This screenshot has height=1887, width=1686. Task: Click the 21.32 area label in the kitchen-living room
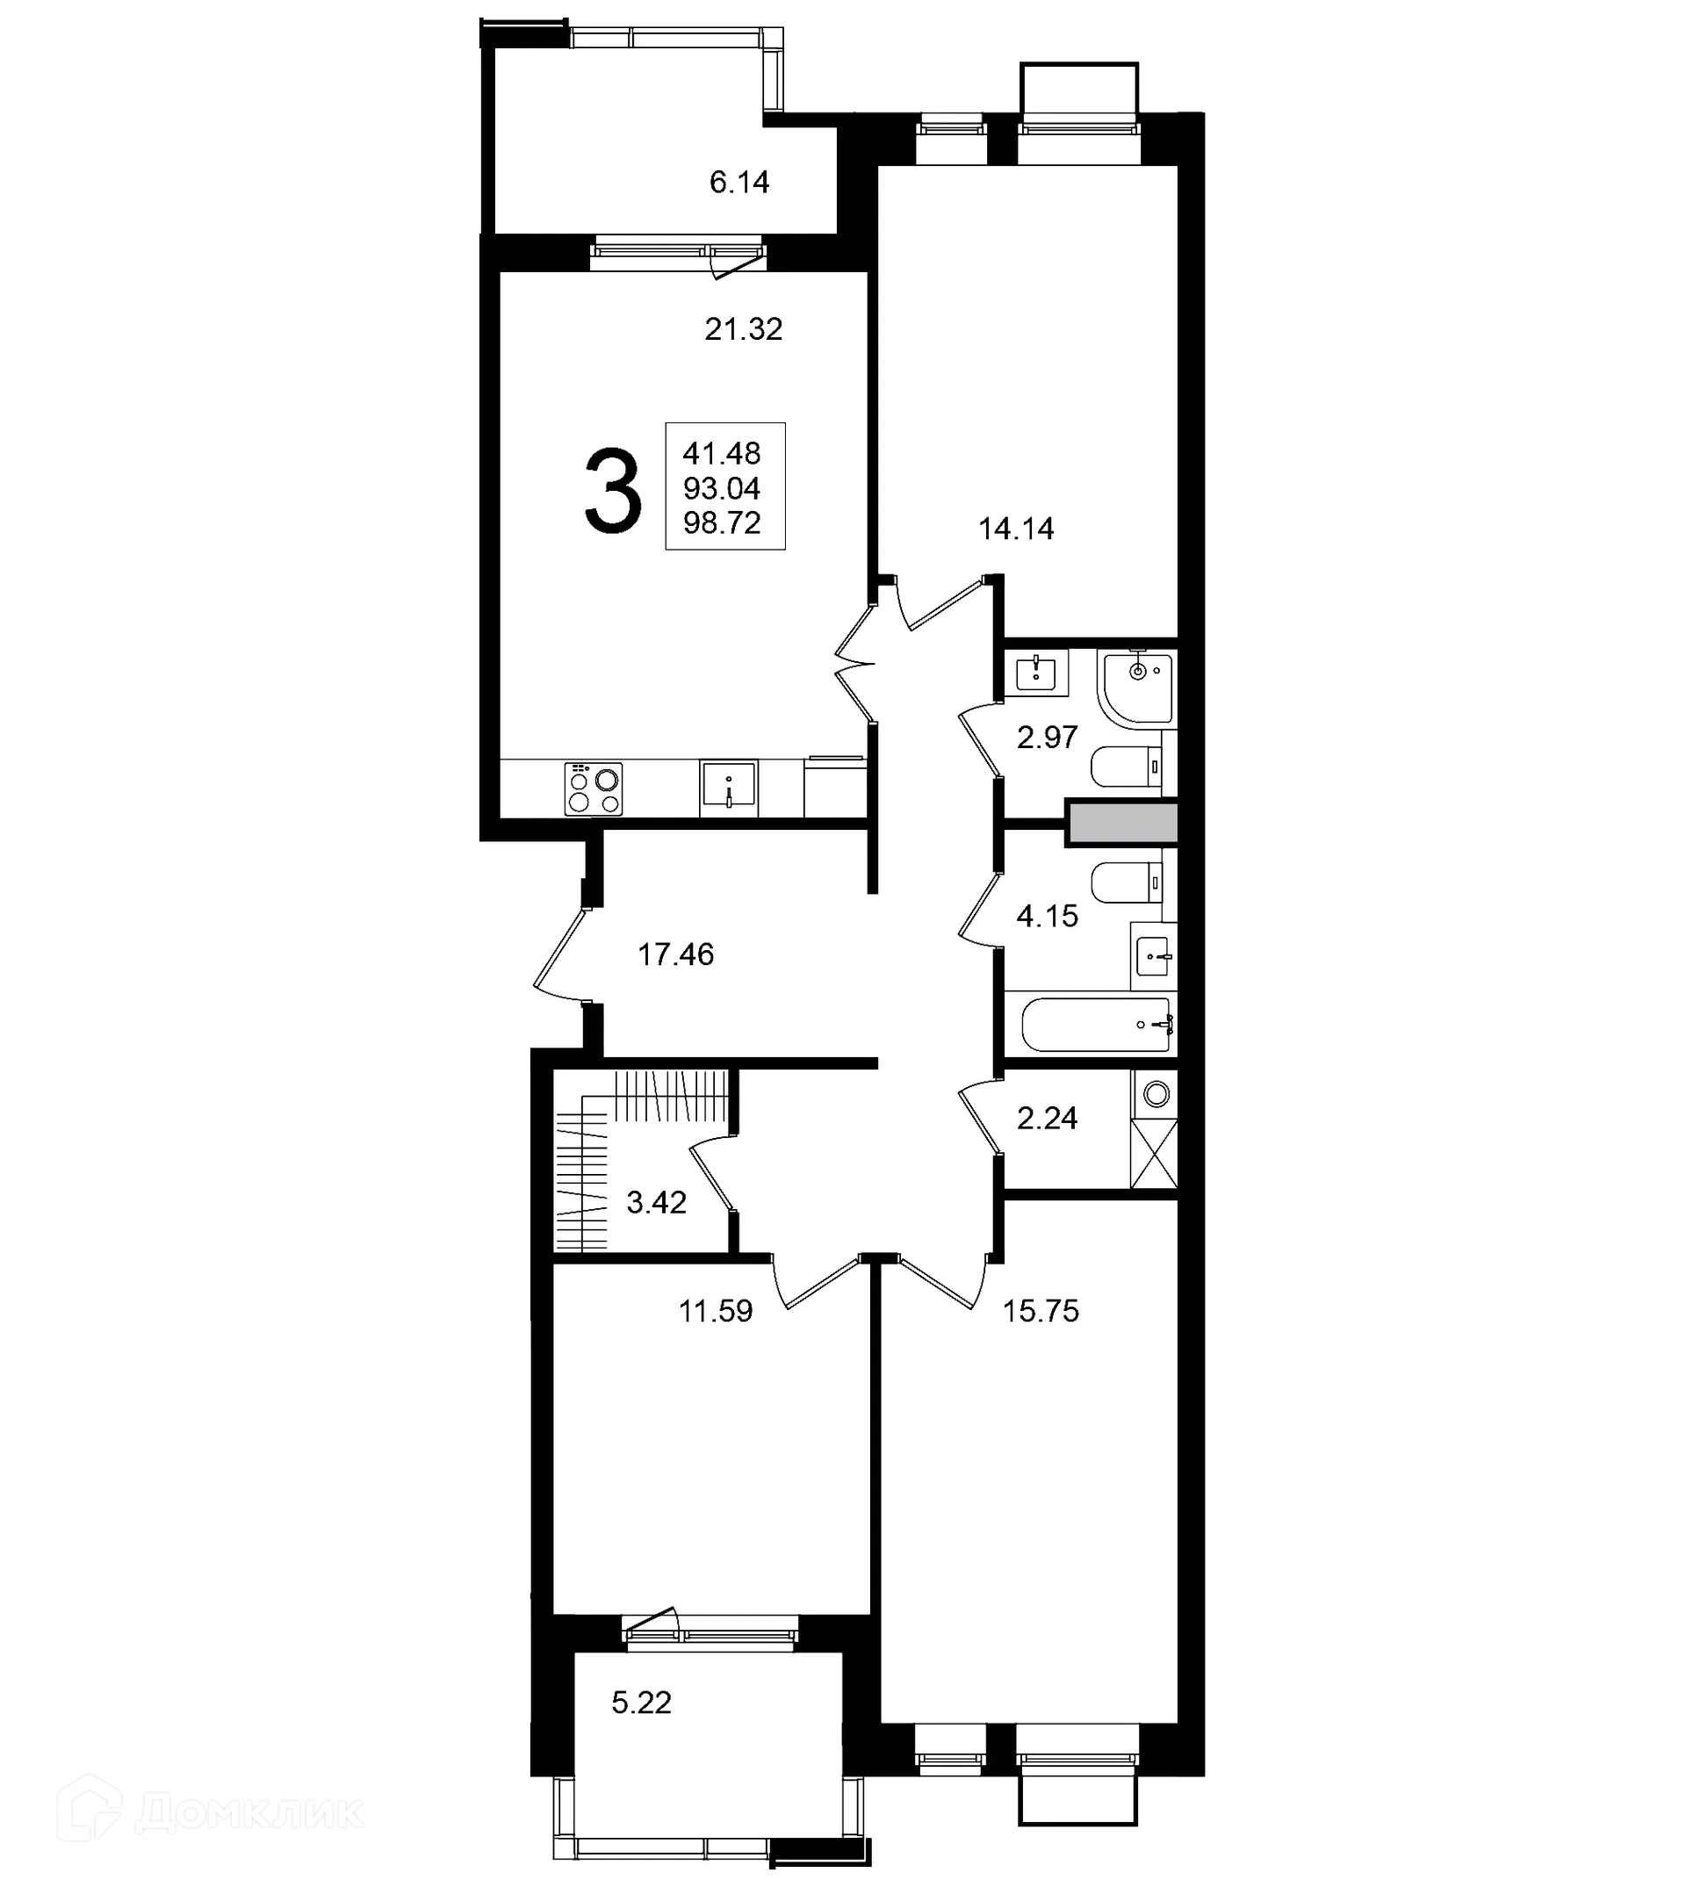click(743, 329)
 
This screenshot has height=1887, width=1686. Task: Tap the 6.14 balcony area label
click(739, 183)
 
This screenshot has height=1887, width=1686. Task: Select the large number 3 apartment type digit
click(612, 491)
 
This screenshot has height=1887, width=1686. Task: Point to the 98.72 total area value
click(722, 523)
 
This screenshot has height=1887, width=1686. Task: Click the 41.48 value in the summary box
click(722, 454)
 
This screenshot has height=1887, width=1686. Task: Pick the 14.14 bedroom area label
click(1016, 529)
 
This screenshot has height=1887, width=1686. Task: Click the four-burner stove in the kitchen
click(593, 789)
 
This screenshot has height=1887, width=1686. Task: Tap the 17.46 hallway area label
click(675, 954)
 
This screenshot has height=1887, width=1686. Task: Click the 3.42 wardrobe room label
click(656, 1202)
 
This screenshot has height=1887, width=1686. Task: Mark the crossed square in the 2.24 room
click(1154, 1153)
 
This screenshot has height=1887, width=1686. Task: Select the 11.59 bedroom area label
click(715, 1311)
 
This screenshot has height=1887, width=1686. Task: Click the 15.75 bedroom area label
click(1041, 1311)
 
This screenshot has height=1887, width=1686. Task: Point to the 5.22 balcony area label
click(641, 1703)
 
